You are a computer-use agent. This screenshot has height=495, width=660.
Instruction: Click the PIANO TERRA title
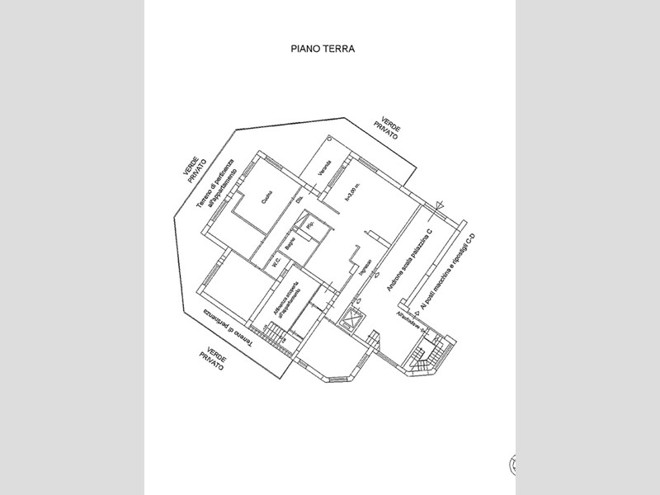pyautogui.click(x=323, y=49)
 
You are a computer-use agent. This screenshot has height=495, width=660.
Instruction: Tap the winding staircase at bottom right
pyautogui.click(x=422, y=356)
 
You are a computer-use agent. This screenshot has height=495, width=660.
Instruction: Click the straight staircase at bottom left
pyautogui.click(x=271, y=334)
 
